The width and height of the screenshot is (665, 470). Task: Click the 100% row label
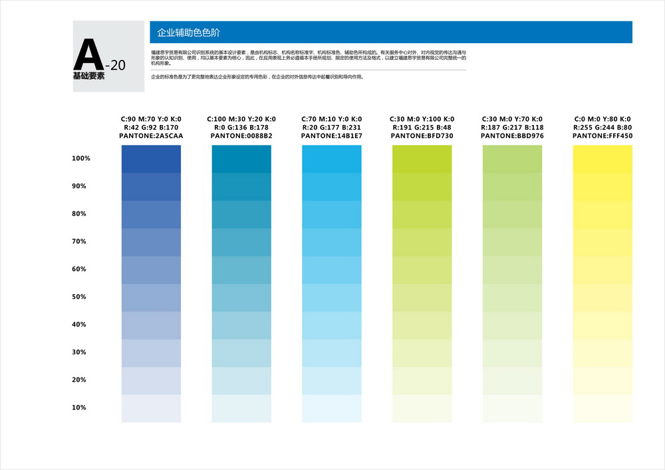point(80,159)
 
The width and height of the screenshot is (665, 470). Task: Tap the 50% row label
point(79,297)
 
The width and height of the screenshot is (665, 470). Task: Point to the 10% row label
point(79,408)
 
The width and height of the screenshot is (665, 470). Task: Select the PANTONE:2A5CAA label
point(151,136)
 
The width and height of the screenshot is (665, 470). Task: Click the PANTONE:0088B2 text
point(241,136)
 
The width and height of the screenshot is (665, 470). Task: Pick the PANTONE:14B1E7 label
point(331,136)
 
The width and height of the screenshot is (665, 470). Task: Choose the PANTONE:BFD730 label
point(422,136)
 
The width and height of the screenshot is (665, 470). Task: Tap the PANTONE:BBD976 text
point(512,136)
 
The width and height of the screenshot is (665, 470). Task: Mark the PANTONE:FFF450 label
point(602,136)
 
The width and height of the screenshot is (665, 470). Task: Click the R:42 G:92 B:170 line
point(151,128)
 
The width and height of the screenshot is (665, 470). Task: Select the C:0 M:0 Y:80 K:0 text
point(602,119)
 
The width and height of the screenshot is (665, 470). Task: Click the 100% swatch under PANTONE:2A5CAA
point(151,159)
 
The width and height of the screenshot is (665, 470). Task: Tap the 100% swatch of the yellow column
point(602,159)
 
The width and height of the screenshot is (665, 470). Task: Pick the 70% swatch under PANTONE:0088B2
point(241,242)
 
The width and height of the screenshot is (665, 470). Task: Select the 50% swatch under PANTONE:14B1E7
point(331,297)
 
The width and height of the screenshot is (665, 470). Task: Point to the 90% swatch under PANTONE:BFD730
point(422,187)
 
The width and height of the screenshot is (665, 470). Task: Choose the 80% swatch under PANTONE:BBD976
point(512,214)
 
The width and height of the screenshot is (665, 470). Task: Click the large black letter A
point(88,55)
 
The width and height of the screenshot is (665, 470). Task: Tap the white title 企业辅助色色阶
point(188,33)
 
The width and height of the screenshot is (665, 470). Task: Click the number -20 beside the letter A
point(115,65)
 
